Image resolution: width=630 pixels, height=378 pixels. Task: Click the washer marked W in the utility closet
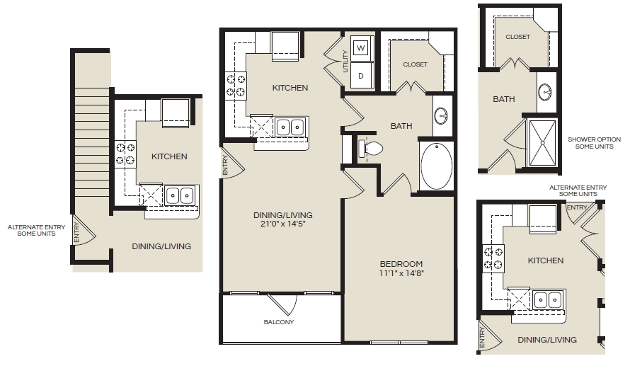point(362,48)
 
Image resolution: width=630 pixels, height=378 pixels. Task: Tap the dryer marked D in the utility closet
point(362,76)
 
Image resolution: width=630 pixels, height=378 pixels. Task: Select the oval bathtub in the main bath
point(436,166)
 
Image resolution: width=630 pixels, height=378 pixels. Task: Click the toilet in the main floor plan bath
point(370,148)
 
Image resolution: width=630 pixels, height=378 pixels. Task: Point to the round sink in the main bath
point(441,116)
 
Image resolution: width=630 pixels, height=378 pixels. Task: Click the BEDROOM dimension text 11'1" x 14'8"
point(402,273)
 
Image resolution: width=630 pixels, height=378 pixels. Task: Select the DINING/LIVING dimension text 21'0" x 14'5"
point(283,224)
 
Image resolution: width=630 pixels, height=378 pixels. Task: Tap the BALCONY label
point(279,322)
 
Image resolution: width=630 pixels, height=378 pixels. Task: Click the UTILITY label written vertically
point(345,62)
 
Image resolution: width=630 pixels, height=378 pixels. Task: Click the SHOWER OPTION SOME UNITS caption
point(594,143)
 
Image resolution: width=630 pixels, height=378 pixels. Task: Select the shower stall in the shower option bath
point(542,142)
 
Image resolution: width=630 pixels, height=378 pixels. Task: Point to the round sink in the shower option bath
point(544,93)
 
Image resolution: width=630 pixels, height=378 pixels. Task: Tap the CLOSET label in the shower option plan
point(518,37)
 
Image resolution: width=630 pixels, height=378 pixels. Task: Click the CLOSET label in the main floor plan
point(415,64)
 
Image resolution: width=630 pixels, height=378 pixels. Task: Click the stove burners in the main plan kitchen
point(236,84)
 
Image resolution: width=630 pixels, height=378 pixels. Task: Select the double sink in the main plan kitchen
point(290,127)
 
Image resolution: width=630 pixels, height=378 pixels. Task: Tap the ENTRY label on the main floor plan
point(225,165)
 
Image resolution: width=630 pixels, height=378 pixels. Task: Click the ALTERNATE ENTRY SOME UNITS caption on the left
point(36,230)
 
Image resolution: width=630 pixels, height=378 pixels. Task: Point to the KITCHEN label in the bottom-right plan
point(546,260)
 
